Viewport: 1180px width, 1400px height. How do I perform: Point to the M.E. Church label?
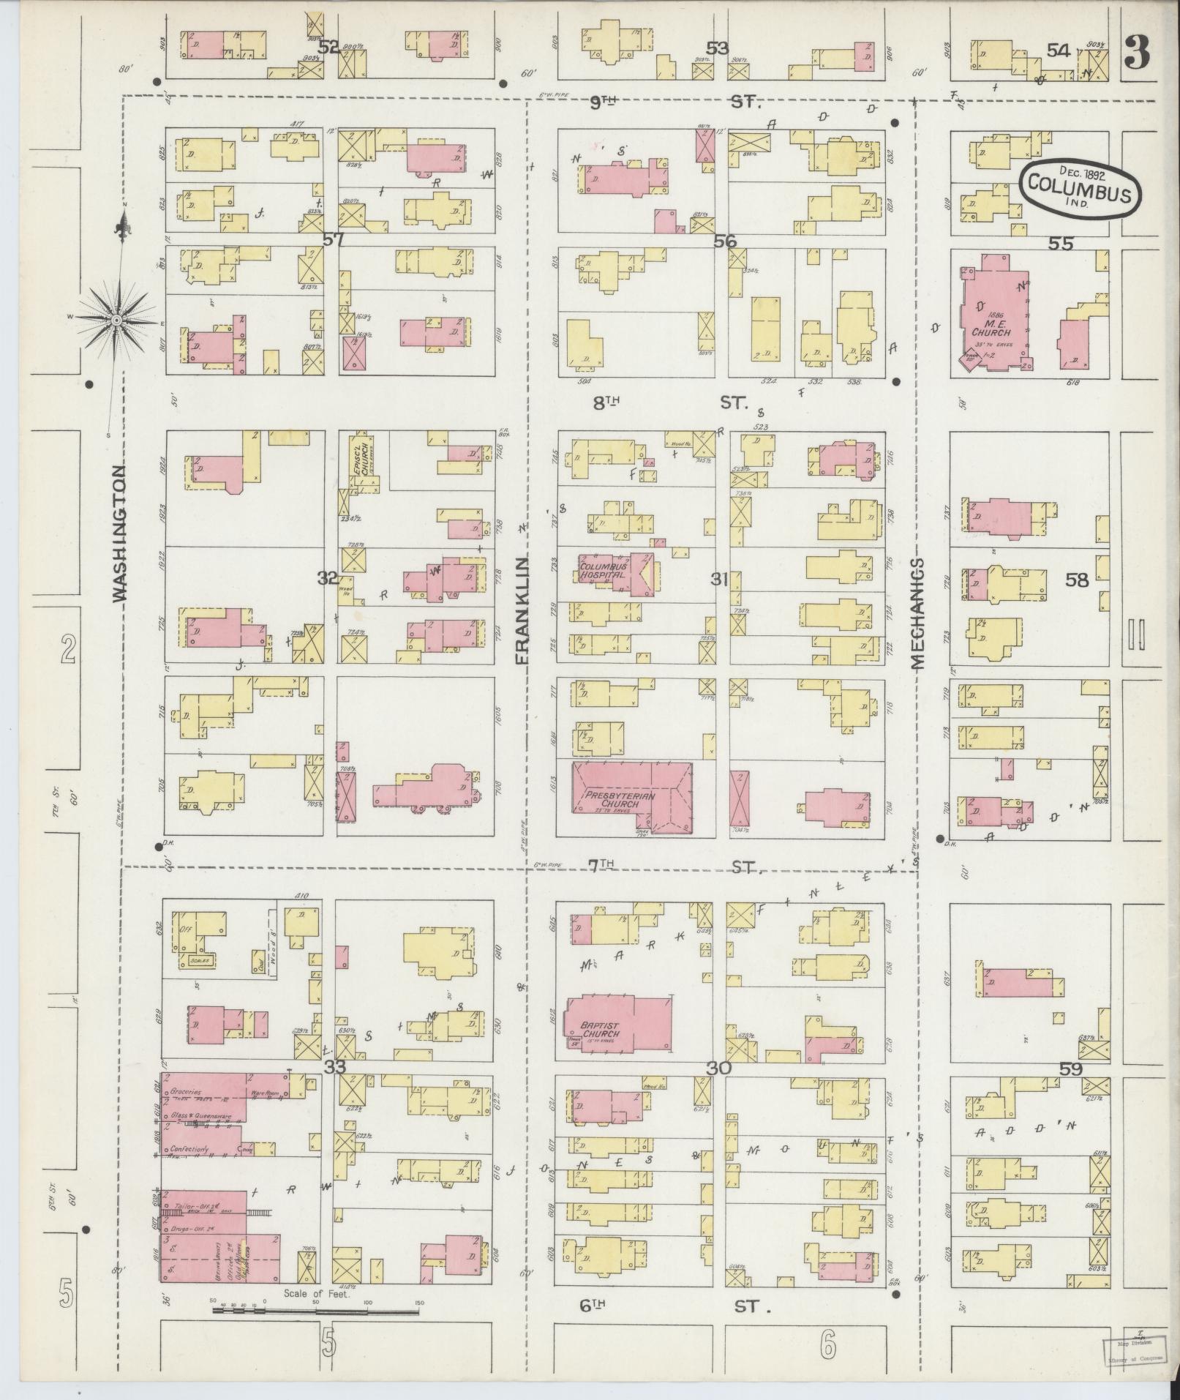[991, 328]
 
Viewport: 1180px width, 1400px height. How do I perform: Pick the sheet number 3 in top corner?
[1136, 52]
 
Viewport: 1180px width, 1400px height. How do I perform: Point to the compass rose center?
[116, 321]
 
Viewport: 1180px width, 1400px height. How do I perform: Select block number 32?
[327, 578]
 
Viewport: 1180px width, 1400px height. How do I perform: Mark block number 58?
[1077, 581]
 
